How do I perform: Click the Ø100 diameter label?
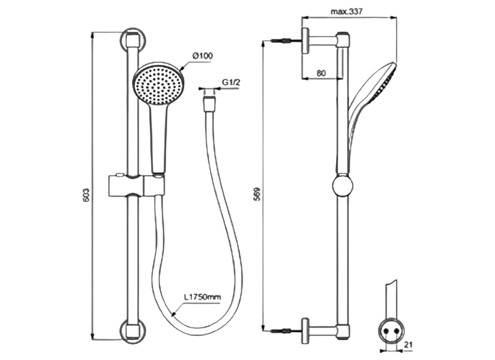(202, 56)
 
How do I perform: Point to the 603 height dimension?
(87, 194)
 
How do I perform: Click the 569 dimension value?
(257, 194)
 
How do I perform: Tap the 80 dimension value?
(320, 72)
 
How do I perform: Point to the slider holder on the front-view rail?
(135, 186)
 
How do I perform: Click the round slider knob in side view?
(343, 186)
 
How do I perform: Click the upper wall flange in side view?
(306, 40)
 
